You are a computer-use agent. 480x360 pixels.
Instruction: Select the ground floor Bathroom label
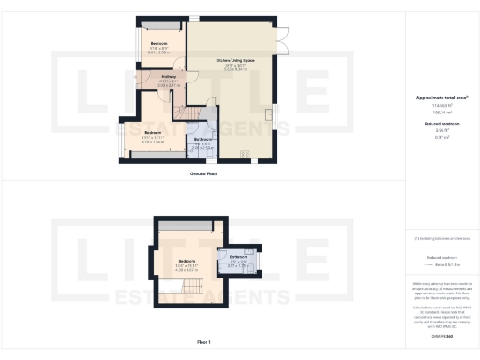point(202,139)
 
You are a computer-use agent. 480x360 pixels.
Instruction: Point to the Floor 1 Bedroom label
point(187,260)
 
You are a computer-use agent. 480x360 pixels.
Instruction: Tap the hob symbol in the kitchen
point(246,154)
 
